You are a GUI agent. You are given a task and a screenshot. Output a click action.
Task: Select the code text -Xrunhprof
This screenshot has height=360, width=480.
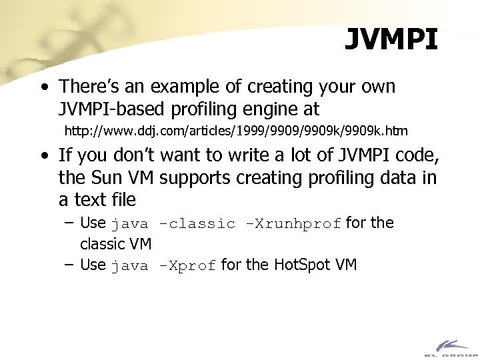(293, 224)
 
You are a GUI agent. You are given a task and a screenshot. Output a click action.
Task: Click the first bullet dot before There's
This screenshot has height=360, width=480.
(44, 87)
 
